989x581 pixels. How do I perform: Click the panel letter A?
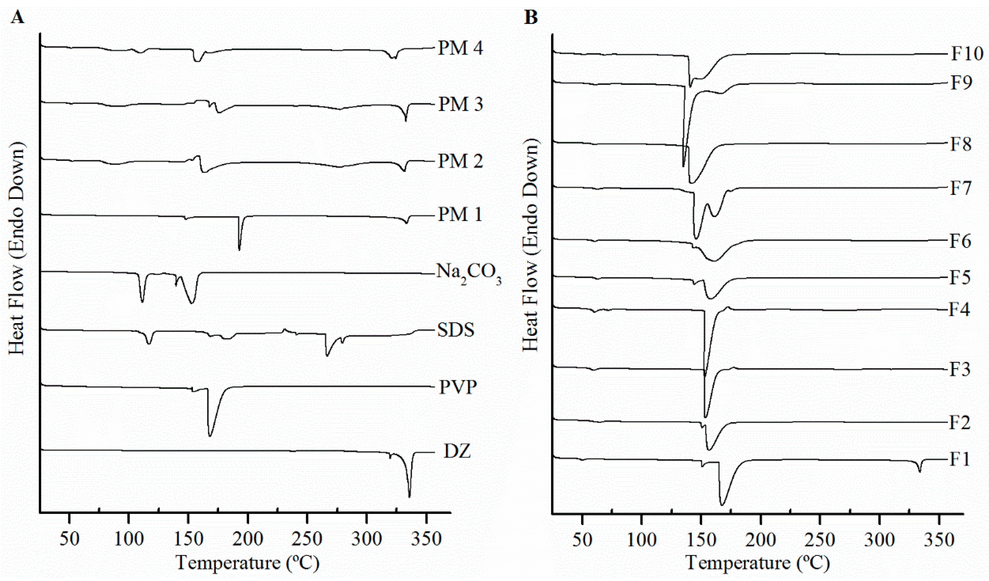pos(18,17)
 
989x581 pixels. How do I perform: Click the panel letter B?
pos(531,17)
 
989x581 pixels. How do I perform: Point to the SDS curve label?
pos(455,330)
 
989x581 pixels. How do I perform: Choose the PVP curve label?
pos(458,387)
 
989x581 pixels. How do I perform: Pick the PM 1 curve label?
pos(460,215)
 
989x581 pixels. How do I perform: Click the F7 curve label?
pos(960,188)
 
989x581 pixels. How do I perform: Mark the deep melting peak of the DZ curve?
pos(409,497)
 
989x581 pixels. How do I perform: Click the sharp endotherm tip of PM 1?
pos(239,250)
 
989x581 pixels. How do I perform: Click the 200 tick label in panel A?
pos(248,539)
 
